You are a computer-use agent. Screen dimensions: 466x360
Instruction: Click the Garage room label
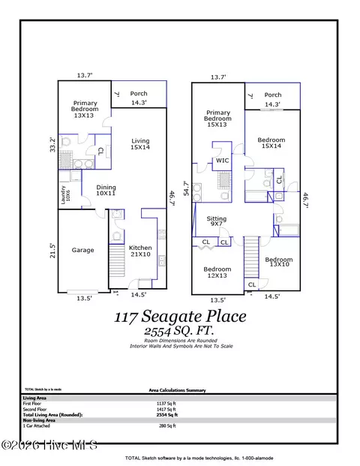(82, 250)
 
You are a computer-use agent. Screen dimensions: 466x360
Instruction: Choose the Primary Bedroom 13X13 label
(85, 108)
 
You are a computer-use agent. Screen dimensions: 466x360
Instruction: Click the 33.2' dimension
(52, 143)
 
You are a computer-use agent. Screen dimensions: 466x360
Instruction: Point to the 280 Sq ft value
(194, 425)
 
